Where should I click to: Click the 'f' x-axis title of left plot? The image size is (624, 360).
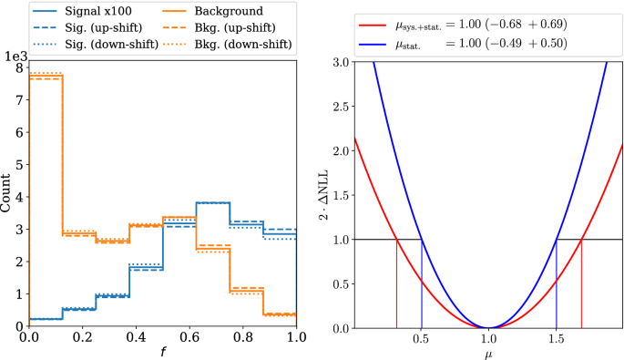click(162, 350)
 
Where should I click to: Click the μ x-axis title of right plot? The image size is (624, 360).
click(489, 350)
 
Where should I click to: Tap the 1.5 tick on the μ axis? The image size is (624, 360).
click(557, 335)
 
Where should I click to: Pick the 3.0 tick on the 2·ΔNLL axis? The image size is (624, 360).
click(340, 61)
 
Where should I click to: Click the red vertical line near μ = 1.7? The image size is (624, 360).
click(581, 283)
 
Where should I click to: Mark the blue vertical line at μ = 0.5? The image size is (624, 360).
click(422, 283)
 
